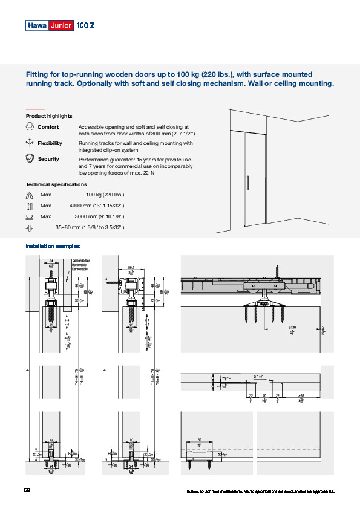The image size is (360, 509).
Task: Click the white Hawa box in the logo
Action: pyautogui.click(x=38, y=25)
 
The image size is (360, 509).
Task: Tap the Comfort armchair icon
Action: pyautogui.click(x=30, y=127)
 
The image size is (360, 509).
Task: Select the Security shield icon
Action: pyautogui.click(x=30, y=159)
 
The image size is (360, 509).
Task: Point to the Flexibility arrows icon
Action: pyautogui.click(x=30, y=143)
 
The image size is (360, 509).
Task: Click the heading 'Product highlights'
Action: pyautogui.click(x=49, y=116)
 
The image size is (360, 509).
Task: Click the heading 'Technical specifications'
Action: pyautogui.click(x=56, y=184)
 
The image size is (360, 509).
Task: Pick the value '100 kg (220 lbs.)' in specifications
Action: pyautogui.click(x=105, y=195)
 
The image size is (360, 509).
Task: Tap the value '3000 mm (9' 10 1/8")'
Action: pyautogui.click(x=99, y=216)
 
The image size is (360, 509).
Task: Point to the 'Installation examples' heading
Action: pyautogui.click(x=53, y=247)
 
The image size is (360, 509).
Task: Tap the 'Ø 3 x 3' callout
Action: pyautogui.click(x=258, y=377)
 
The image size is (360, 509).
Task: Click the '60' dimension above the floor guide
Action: pyautogui.click(x=200, y=440)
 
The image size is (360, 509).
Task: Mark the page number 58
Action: pyautogui.click(x=28, y=490)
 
